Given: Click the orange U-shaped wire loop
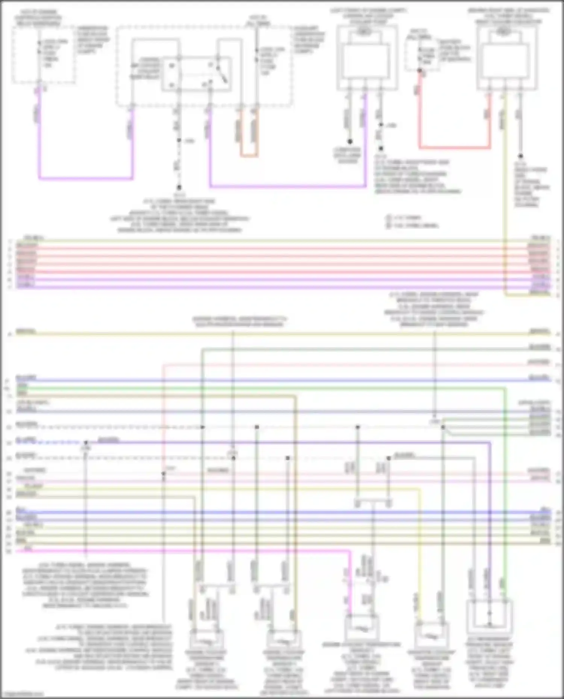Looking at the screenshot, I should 249,155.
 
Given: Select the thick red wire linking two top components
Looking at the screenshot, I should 455,148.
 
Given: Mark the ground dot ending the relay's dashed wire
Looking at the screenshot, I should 179,187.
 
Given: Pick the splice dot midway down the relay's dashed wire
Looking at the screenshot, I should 179,141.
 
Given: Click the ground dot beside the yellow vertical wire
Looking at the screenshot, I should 521,156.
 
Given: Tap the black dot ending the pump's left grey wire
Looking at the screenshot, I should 350,142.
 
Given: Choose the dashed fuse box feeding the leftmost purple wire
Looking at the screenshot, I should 43,54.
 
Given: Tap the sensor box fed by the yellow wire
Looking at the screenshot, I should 431,635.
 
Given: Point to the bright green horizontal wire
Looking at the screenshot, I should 263,388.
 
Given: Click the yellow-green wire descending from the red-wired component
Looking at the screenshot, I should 505,188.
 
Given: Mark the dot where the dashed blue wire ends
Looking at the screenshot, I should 86,442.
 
